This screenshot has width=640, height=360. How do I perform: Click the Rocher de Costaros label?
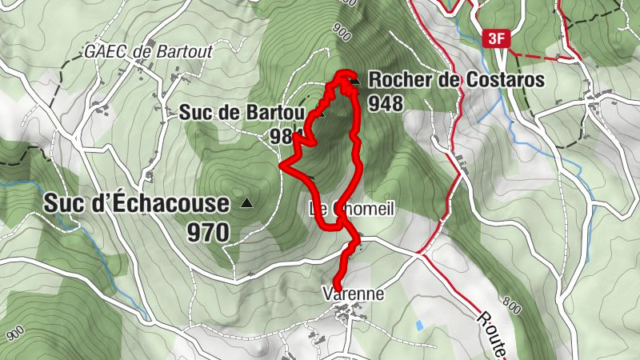click(456, 81)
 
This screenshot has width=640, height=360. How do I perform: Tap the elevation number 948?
click(386, 102)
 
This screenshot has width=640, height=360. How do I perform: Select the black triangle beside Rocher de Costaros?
click(354, 81)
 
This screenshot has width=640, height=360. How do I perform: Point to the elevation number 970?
click(209, 233)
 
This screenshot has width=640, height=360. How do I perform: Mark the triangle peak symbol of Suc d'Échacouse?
click(246, 204)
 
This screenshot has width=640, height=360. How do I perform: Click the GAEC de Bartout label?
click(149, 52)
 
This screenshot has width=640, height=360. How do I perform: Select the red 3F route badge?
click(496, 38)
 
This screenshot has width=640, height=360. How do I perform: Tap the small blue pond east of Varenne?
click(419, 325)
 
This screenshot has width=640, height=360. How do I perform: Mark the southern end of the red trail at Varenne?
click(336, 287)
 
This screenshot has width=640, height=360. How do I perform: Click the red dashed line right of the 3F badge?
click(544, 57)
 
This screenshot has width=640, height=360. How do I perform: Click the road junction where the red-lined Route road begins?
click(418, 254)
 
